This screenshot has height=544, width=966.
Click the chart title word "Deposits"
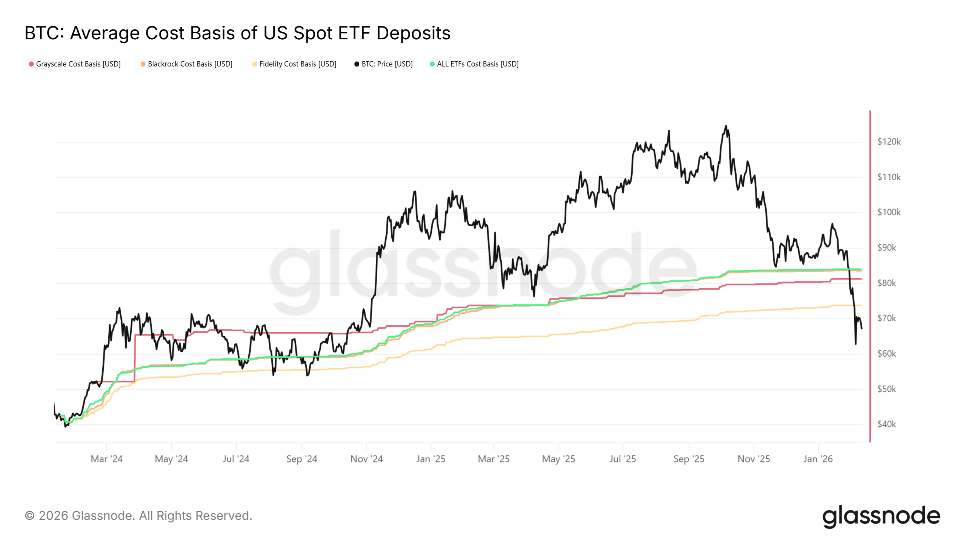413,33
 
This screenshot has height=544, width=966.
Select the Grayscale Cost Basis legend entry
78,64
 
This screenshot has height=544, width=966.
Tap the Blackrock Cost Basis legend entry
190,64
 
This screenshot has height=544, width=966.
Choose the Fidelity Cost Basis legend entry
297,64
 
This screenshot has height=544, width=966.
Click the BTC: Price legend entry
387,64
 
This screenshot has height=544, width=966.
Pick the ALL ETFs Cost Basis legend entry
477,64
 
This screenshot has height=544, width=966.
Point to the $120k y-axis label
889,142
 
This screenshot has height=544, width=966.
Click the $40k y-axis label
886,424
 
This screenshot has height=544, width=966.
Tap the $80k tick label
886,283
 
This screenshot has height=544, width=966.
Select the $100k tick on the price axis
889,212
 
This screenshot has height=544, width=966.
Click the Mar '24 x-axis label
106,459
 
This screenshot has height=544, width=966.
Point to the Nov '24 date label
366,459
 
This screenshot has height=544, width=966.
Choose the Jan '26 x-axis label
818,459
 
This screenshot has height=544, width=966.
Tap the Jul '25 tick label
623,459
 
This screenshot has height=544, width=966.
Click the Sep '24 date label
301,459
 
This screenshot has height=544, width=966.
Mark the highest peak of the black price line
726,126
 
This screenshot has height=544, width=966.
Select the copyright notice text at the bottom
138,516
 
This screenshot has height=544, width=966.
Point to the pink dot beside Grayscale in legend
31,64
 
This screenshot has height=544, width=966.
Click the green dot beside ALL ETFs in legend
432,64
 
